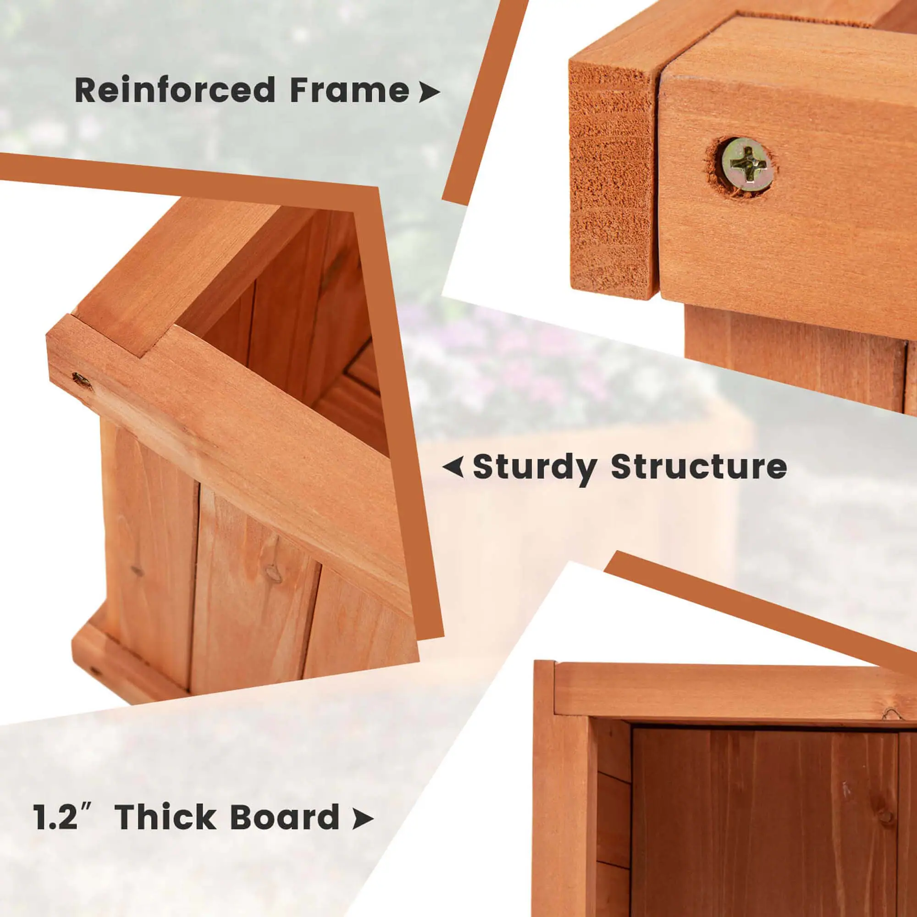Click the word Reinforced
[175, 90]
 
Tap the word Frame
[349, 90]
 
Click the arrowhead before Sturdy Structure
[453, 467]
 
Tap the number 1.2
[55, 817]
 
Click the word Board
[284, 817]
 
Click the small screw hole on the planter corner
[82, 379]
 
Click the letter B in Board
[242, 817]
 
